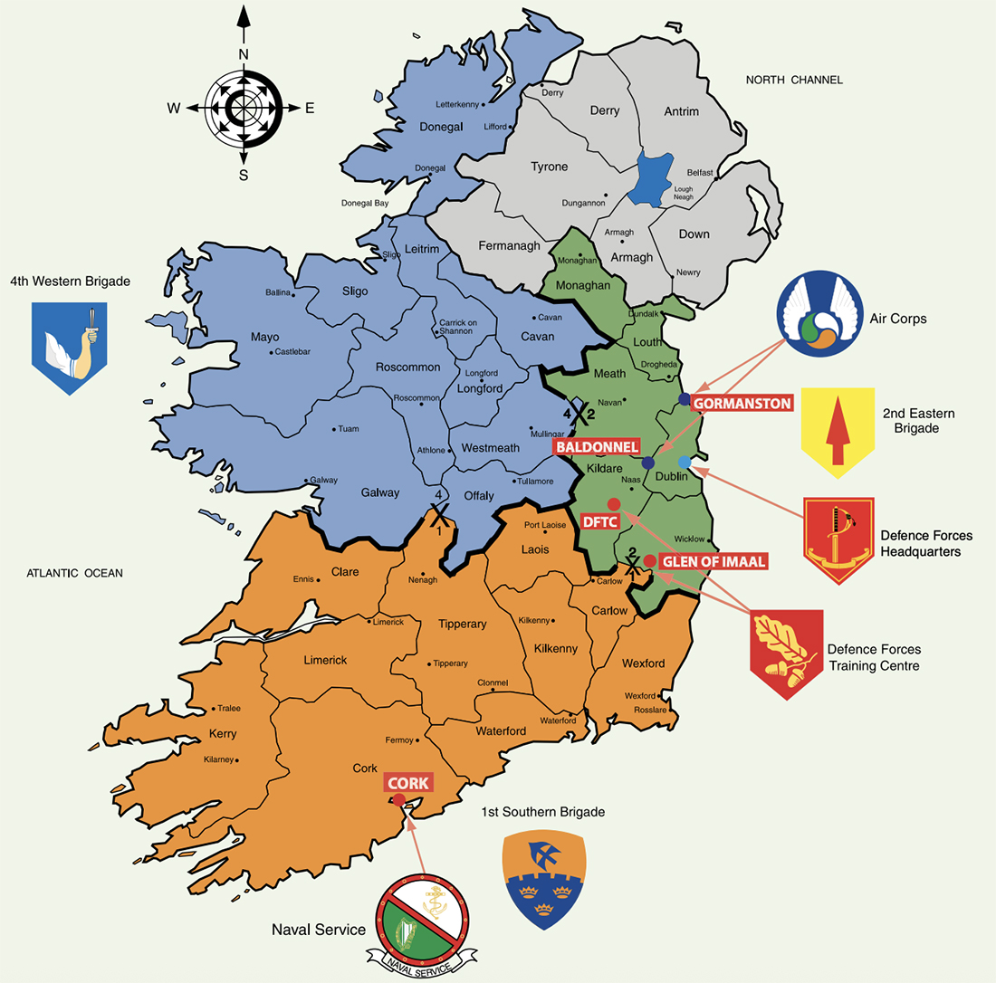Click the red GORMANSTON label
coord(742,403)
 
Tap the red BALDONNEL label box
coord(599,446)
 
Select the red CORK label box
coord(409,783)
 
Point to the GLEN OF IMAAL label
coord(714,561)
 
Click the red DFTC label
coord(602,522)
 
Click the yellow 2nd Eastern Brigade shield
coord(838,433)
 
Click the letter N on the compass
coord(243,54)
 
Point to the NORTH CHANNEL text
coord(794,80)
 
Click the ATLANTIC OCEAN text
coord(74,572)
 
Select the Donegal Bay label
coord(365,204)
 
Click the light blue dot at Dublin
coord(685,463)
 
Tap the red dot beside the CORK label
coord(398,799)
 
